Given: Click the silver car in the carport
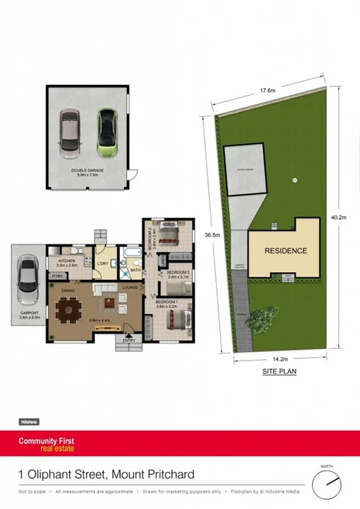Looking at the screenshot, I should pos(27,276).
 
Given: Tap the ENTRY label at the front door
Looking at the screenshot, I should pos(129,339).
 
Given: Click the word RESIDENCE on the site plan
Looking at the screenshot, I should pos(286,251).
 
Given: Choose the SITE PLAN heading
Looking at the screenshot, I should pos(279,372).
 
